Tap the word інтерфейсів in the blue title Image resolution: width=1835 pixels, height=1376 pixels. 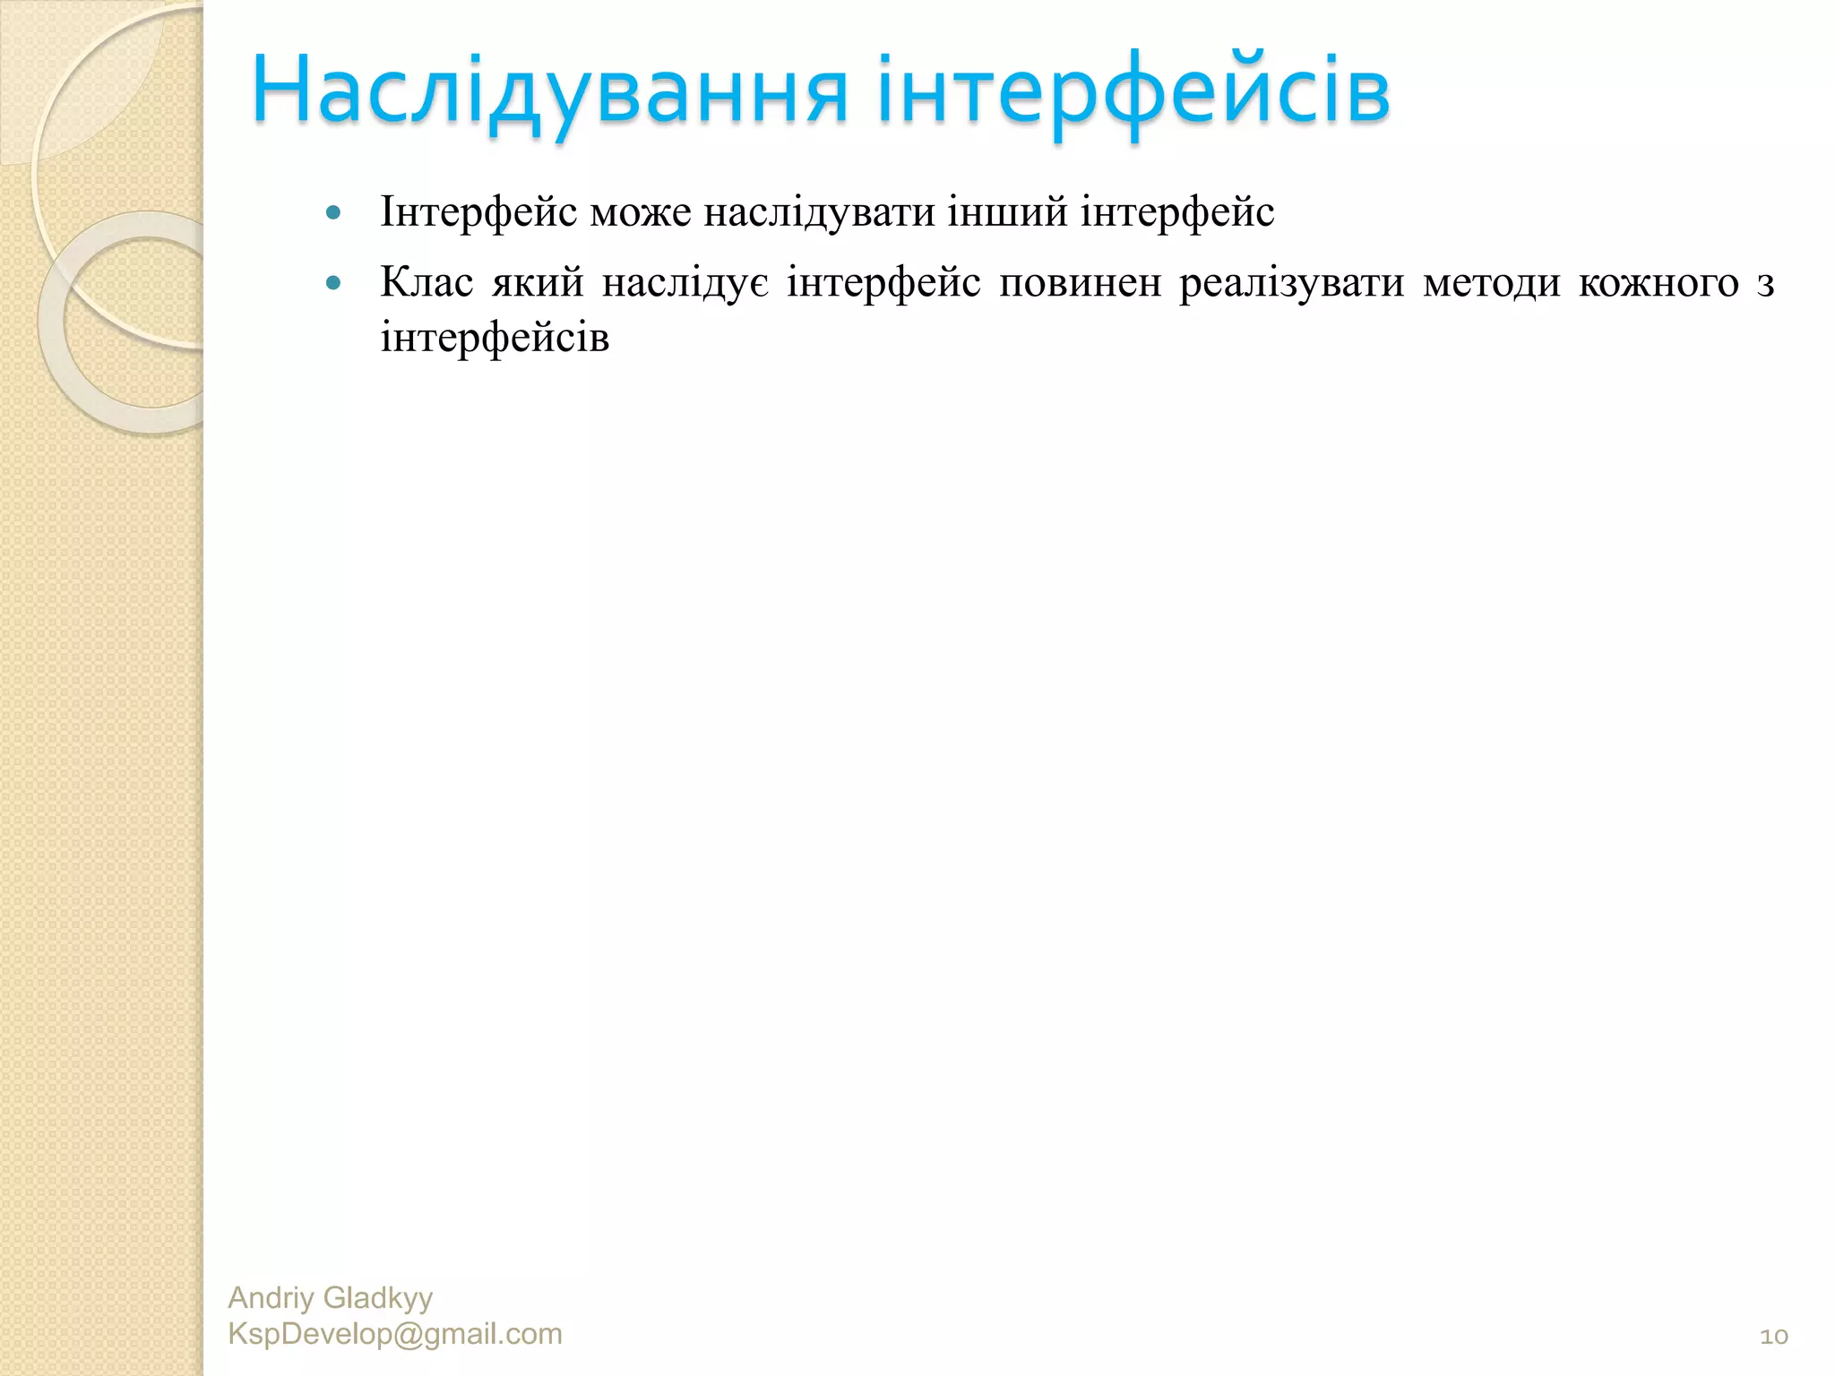[1133, 90]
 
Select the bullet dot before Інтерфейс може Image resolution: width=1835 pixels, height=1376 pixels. [334, 213]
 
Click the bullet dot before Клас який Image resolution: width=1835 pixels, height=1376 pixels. [334, 284]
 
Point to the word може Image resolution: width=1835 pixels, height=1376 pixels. [641, 213]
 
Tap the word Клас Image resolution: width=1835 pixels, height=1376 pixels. [426, 283]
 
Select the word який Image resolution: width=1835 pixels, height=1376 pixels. [538, 283]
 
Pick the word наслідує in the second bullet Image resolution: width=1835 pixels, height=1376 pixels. [685, 283]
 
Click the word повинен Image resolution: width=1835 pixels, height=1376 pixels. [1080, 283]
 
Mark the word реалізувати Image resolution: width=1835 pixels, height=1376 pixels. [1291, 283]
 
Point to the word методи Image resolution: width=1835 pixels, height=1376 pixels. [1491, 283]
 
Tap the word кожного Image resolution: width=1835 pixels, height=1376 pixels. [1658, 283]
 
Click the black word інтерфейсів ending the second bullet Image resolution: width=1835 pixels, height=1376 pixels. [495, 339]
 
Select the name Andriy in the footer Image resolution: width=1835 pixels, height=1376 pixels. [271, 1297]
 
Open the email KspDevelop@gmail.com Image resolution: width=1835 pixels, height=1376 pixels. [395, 1334]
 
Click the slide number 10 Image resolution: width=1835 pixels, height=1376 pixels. [1773, 1337]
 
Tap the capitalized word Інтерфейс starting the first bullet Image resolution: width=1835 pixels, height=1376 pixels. [478, 213]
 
